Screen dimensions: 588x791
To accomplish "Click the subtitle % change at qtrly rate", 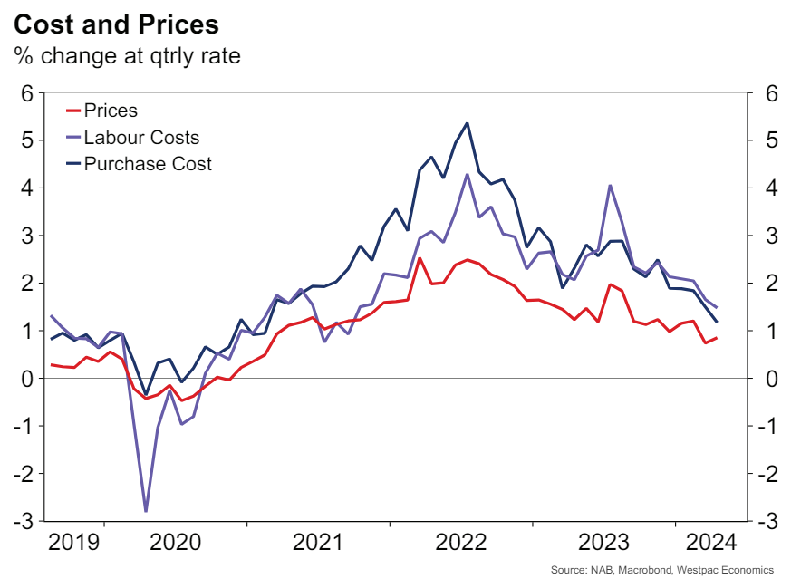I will pos(126,55).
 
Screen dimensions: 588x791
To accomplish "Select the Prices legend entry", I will pos(111,111).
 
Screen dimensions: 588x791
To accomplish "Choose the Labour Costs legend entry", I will pos(140,138).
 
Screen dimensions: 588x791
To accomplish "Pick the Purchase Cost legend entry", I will pos(147,164).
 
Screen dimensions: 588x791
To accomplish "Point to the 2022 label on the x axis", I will pos(461,543).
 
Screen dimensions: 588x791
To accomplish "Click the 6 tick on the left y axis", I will pos(27,93).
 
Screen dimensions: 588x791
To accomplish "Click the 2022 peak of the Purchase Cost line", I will pos(467,123).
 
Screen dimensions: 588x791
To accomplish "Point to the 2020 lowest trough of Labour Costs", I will pos(146,511).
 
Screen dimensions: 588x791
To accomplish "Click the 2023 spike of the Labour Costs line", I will pos(610,186).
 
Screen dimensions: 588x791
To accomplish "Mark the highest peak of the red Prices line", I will pos(419,258).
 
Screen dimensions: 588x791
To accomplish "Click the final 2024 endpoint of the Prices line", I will pos(718,338).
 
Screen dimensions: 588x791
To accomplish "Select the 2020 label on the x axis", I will pos(175,543).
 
